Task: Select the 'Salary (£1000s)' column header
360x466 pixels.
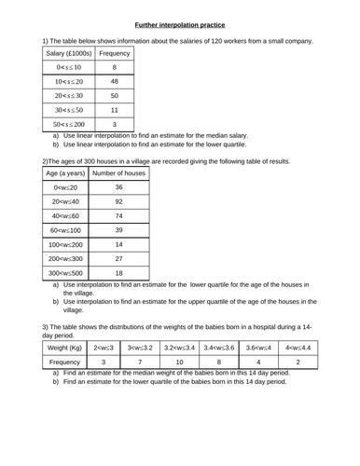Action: tap(69, 54)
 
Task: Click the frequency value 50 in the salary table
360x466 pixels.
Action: tap(114, 95)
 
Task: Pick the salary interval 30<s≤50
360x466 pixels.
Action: tap(69, 109)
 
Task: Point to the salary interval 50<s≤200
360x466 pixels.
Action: tap(69, 123)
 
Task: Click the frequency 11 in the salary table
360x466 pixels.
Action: tap(114, 109)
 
